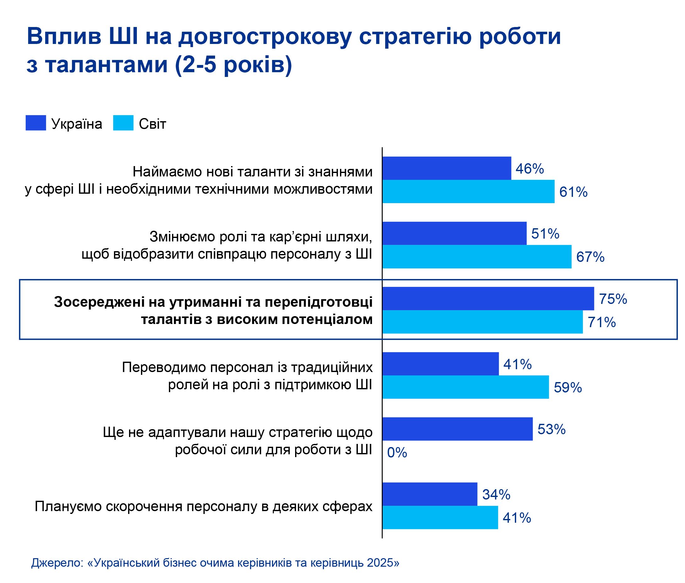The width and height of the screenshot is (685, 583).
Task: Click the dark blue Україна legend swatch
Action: click(35, 123)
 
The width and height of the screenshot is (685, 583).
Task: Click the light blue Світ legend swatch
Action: click(123, 123)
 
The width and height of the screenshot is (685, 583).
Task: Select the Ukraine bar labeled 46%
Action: click(446, 168)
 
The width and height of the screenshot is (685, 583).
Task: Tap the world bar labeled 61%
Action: click(468, 192)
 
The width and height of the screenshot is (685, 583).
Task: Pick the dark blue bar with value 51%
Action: click(454, 233)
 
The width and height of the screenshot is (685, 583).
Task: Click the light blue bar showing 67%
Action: click(477, 256)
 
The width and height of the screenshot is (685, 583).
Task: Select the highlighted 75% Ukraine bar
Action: click(488, 299)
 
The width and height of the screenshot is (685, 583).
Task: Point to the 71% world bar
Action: click(482, 321)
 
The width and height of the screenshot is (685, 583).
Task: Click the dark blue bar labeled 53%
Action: click(457, 429)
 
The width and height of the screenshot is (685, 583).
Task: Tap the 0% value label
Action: click(396, 452)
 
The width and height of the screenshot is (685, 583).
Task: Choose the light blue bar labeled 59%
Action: click(465, 387)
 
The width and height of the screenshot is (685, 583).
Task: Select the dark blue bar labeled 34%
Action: click(429, 494)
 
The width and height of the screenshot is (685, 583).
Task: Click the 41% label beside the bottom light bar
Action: click(516, 518)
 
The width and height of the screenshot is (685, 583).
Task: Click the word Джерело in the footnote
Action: click(57, 563)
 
